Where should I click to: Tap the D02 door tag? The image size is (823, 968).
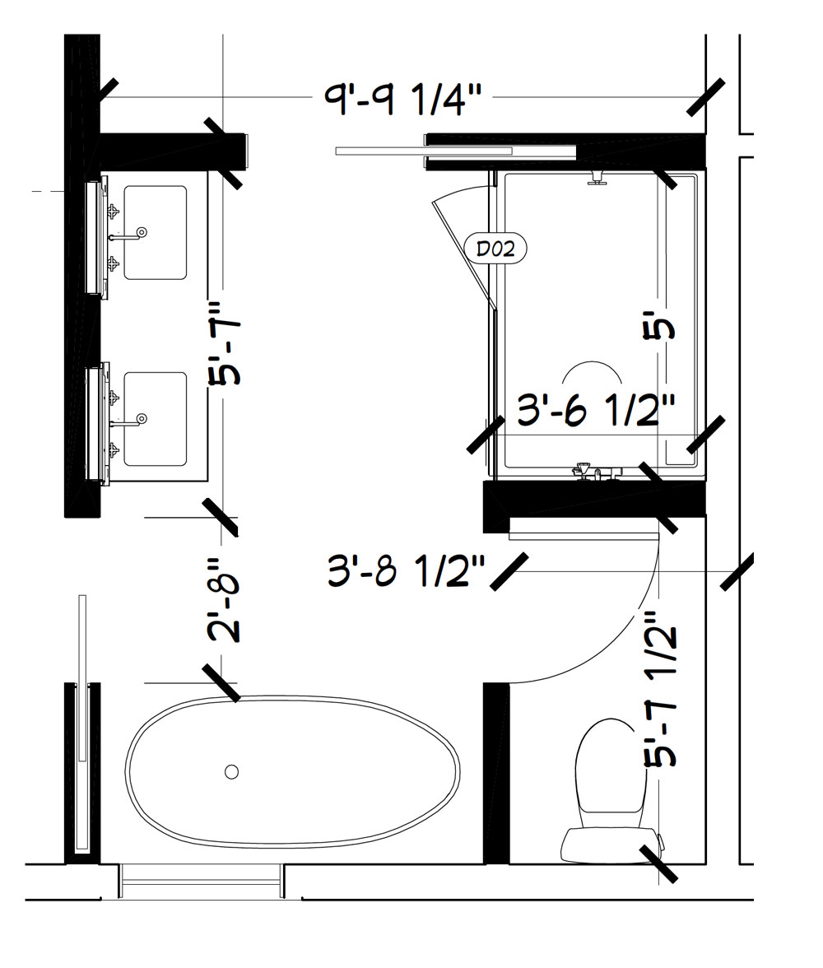[x=495, y=249]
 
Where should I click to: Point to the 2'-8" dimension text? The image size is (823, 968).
[x=224, y=599]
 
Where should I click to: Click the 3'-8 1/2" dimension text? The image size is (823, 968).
[x=406, y=570]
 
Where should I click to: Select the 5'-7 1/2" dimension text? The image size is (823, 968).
[x=661, y=690]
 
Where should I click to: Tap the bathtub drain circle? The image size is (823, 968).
[x=231, y=772]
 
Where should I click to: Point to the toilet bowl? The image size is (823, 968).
[x=611, y=773]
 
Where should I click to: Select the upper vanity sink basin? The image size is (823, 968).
[x=155, y=233]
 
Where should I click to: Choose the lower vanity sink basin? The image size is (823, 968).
[x=155, y=418]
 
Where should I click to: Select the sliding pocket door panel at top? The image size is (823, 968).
[x=424, y=151]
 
